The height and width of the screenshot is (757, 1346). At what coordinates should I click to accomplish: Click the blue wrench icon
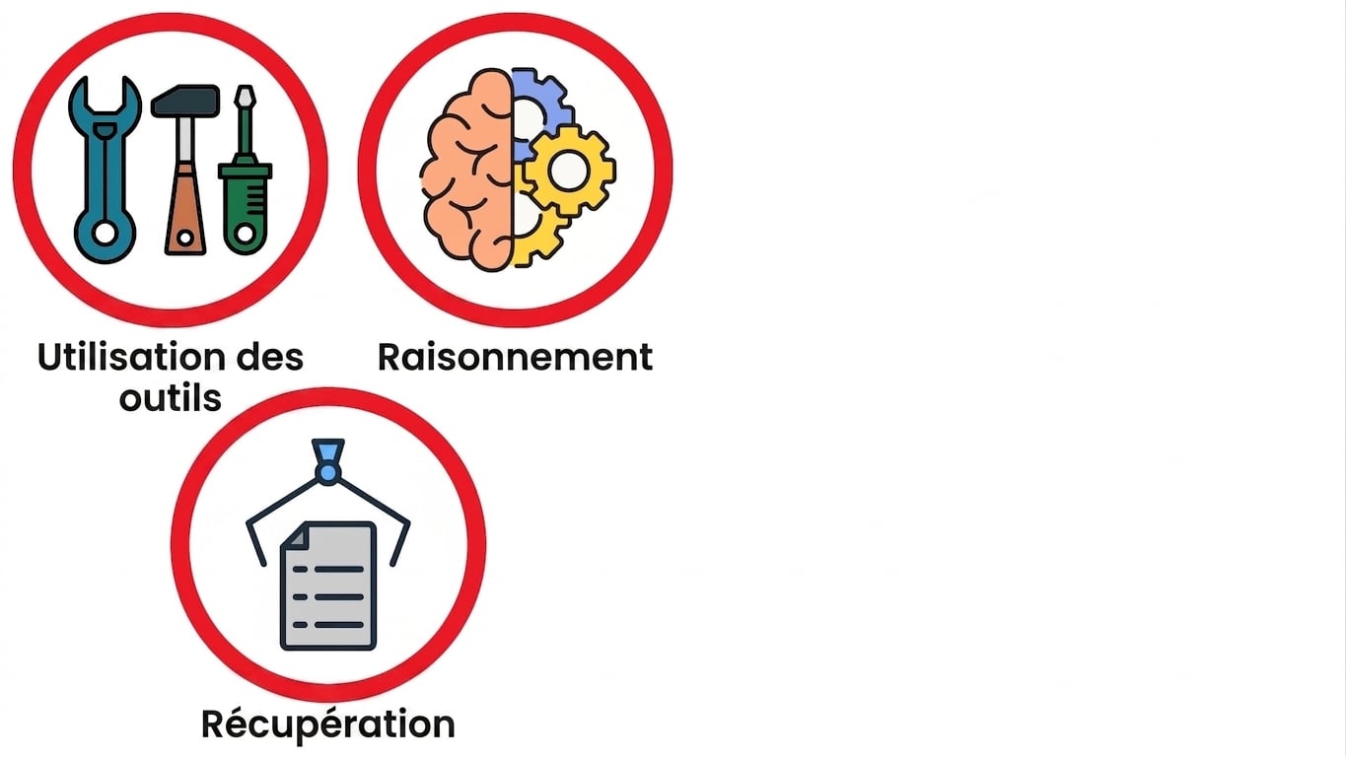tap(106, 169)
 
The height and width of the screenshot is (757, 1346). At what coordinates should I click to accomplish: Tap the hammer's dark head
tap(185, 100)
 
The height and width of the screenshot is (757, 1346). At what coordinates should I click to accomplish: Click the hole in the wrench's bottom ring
tap(106, 233)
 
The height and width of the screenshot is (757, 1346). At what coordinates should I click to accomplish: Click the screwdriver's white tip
tap(245, 98)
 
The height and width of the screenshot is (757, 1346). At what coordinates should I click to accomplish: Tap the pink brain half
tap(467, 170)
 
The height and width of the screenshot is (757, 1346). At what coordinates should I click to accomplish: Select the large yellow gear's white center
tap(568, 170)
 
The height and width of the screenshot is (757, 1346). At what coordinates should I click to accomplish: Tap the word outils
tap(171, 398)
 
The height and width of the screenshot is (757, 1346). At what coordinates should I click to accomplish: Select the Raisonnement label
tap(515, 357)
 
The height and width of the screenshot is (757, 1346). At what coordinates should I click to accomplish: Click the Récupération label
tap(328, 723)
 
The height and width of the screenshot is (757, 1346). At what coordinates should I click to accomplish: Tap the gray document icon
tap(328, 585)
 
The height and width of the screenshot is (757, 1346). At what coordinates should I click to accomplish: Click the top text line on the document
tap(328, 569)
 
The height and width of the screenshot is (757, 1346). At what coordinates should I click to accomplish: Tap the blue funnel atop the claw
tap(328, 450)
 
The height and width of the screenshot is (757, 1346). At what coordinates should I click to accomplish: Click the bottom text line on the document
tap(328, 625)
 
